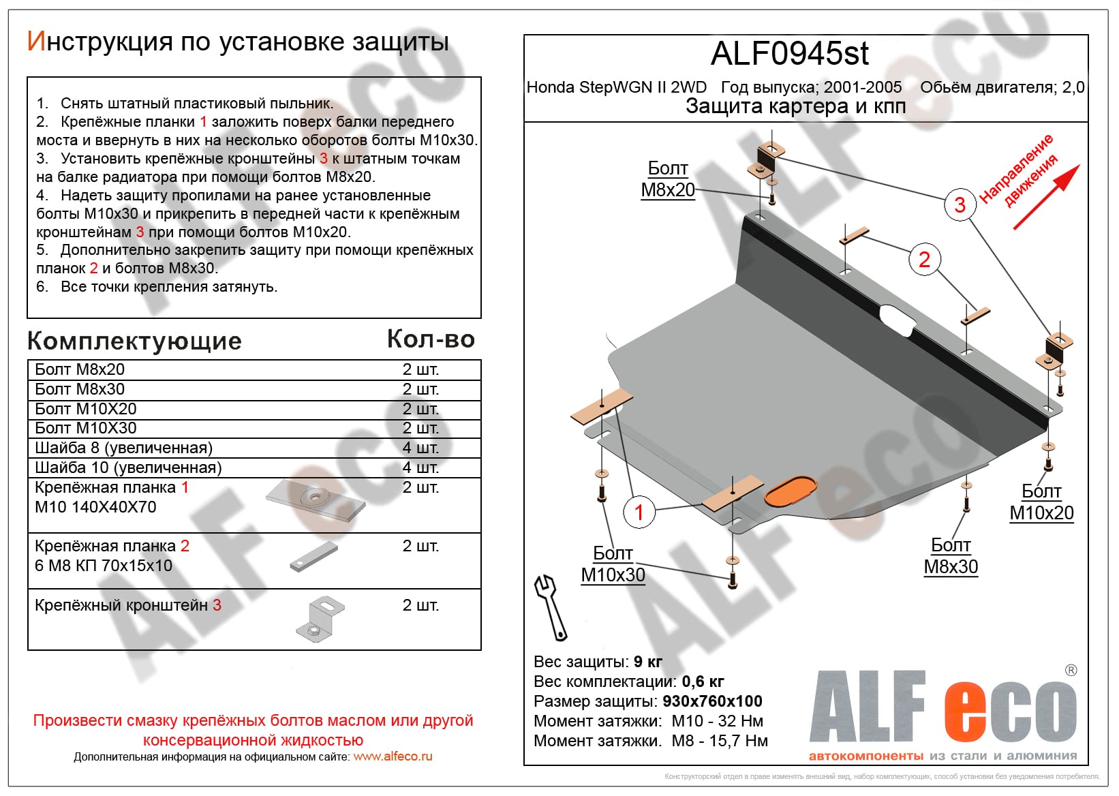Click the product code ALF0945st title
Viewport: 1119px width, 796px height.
(x=789, y=54)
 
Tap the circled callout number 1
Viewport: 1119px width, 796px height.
(x=639, y=512)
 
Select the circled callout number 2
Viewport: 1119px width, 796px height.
(x=924, y=260)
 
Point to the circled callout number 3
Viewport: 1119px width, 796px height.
(x=960, y=204)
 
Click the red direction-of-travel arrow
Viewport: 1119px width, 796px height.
(x=1045, y=197)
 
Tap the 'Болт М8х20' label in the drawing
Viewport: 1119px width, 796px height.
(x=668, y=179)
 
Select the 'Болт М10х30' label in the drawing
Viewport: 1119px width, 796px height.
(x=613, y=564)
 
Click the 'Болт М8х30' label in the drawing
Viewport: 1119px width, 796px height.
(x=951, y=556)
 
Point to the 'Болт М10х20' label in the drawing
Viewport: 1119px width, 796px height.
(x=1041, y=502)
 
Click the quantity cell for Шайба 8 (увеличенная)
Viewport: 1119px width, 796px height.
(x=420, y=448)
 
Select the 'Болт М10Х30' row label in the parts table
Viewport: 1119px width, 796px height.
(x=86, y=428)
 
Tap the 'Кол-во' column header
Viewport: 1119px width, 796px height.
(x=431, y=339)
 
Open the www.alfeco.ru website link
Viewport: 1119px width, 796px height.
(x=393, y=756)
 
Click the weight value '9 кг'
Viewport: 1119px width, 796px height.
(x=647, y=662)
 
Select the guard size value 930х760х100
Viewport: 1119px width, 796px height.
(x=712, y=701)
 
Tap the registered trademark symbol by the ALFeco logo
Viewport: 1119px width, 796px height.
(x=1071, y=671)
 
